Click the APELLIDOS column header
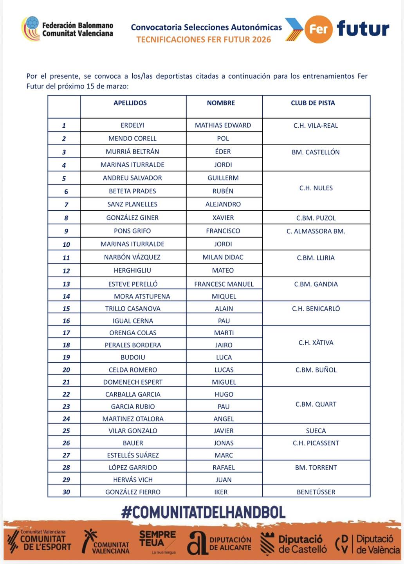130,103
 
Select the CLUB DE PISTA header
313,103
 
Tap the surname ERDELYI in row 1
132,125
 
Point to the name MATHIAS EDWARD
223,125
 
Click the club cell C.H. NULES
316,188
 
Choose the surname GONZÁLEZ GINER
132,218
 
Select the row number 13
66,284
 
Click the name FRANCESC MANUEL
224,284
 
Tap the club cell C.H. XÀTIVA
316,343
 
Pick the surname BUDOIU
133,357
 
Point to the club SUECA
316,431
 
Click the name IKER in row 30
221,492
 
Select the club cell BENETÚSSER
316,492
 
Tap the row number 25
66,431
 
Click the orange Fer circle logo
318,29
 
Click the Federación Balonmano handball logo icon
31,28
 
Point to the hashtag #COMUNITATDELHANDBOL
203,512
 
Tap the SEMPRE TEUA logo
157,540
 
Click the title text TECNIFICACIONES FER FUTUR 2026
204,40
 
